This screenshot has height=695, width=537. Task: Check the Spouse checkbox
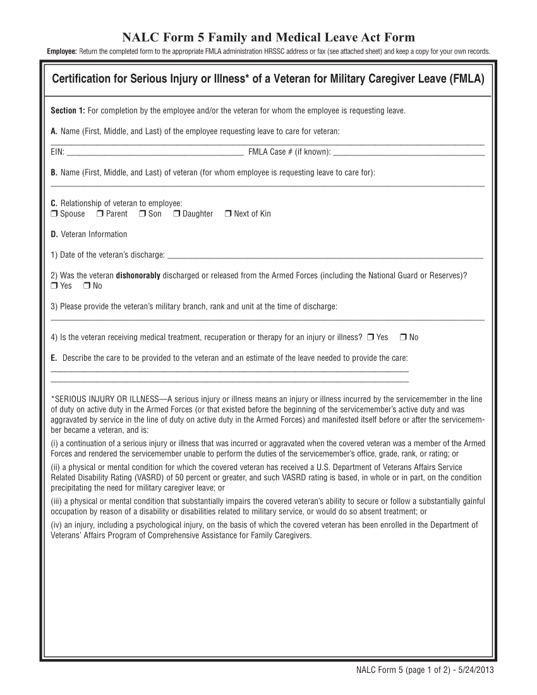click(54, 214)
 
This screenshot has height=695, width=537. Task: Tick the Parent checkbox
click(100, 214)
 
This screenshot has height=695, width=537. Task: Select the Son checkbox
click(142, 214)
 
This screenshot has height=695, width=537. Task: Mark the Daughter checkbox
click(177, 214)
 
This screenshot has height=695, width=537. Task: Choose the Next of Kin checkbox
click(228, 214)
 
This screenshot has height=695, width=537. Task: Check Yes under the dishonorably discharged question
click(54, 286)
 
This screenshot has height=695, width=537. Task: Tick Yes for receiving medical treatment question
click(370, 337)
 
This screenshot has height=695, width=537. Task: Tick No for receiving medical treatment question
click(403, 337)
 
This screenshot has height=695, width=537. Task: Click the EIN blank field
click(155, 152)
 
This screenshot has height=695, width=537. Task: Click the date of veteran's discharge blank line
click(327, 255)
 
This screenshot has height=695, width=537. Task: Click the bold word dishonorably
click(138, 275)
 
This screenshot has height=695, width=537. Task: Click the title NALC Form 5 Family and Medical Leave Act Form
click(268, 38)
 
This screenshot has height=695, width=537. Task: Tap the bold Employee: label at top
click(62, 51)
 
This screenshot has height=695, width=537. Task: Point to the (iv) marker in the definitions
click(57, 524)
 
